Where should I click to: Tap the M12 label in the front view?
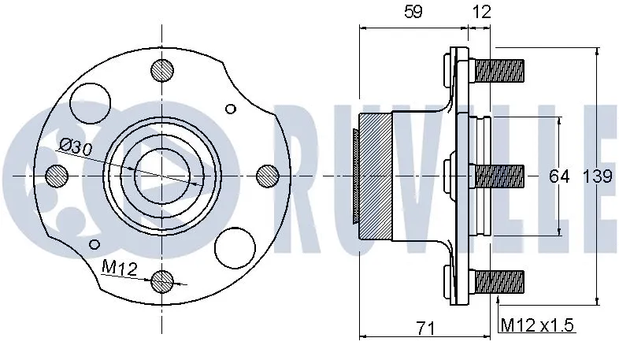point(120,269)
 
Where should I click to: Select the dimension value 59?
point(412,12)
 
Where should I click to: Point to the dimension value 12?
point(482,12)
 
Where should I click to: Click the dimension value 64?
point(558,176)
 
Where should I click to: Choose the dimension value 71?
point(426,326)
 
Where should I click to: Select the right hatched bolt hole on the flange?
point(268,174)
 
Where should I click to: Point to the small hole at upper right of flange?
point(231,109)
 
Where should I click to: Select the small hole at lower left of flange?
point(95,243)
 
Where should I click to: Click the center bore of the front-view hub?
point(162,174)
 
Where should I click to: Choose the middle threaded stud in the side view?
point(499,175)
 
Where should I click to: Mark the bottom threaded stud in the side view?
point(499,279)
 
